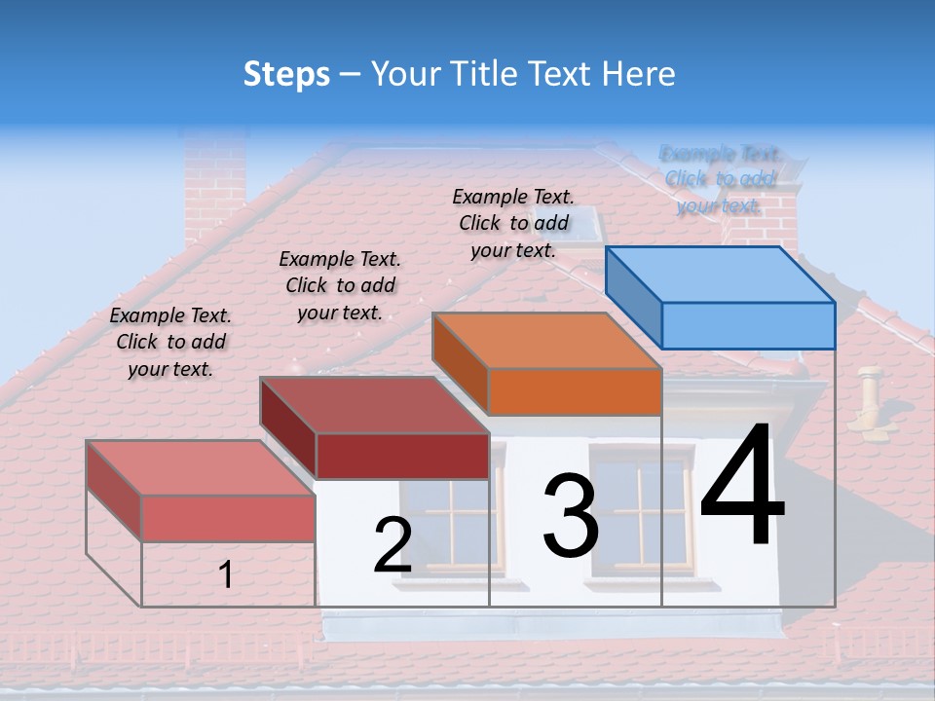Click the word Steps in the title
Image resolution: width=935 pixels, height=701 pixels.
click(x=286, y=74)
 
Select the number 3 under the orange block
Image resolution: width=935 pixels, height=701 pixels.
click(x=570, y=515)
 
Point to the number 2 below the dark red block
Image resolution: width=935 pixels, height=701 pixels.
click(x=393, y=546)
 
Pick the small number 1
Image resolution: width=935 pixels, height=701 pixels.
click(x=225, y=575)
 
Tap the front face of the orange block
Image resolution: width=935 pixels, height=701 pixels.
click(x=575, y=392)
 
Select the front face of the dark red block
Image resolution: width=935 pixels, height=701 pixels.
click(x=402, y=456)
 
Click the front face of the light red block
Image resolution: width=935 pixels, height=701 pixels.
click(x=228, y=518)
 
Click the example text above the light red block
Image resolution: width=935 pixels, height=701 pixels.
click(x=170, y=343)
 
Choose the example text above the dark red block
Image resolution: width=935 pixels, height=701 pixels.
click(x=340, y=286)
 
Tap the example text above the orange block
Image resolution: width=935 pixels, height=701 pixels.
click(x=513, y=224)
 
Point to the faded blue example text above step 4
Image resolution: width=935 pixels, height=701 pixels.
click(x=720, y=179)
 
